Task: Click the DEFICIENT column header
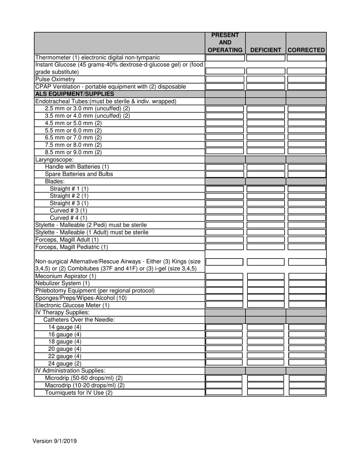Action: point(266,50)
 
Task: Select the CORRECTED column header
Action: point(306,50)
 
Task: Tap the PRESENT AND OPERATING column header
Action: point(225,43)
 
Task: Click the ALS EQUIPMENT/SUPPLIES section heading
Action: point(74,94)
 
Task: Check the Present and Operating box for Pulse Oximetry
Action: point(225,79)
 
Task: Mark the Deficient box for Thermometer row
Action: point(266,58)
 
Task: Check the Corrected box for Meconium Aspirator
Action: point(307,276)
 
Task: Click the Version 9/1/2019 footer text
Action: point(55,441)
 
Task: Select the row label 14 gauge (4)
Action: point(65,327)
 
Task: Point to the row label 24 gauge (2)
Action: point(65,363)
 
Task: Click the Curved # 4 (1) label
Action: point(68,218)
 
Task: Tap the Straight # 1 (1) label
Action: point(69,189)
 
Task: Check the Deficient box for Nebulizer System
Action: point(266,283)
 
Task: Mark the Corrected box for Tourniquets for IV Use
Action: point(307,392)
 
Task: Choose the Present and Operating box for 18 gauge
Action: point(224,341)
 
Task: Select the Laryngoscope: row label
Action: point(54,159)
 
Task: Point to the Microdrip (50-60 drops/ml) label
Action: point(84,378)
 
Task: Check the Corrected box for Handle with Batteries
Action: point(307,167)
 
